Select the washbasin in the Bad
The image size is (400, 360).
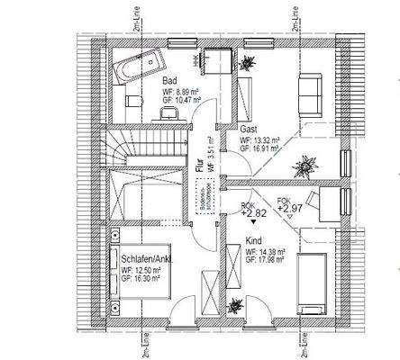pos(168,112)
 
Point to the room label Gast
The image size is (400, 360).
pos(249,130)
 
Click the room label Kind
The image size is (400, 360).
pos(255,241)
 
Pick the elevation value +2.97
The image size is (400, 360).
pos(289,209)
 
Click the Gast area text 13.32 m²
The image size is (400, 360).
pos(266,141)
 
